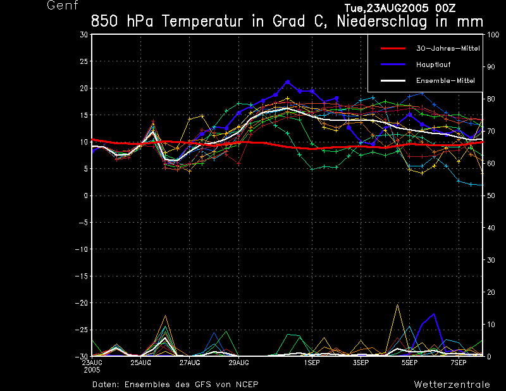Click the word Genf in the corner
[63, 6]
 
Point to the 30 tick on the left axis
[84, 35]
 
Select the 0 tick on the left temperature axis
[86, 195]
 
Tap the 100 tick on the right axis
[490, 35]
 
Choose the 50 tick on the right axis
[488, 195]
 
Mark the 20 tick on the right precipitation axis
[488, 292]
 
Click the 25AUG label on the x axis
[141, 363]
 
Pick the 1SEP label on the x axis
[311, 363]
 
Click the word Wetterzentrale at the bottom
[452, 384]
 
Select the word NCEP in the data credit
[246, 384]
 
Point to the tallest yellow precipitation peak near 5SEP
[397, 305]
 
